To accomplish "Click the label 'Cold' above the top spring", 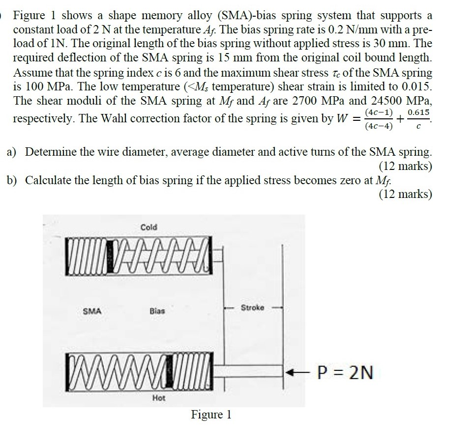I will point(149,227).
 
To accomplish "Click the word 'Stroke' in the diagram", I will point(252,308).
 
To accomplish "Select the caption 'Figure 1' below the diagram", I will point(211,415).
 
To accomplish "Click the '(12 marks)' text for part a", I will point(406,166).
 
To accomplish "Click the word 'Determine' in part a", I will point(49,152).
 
